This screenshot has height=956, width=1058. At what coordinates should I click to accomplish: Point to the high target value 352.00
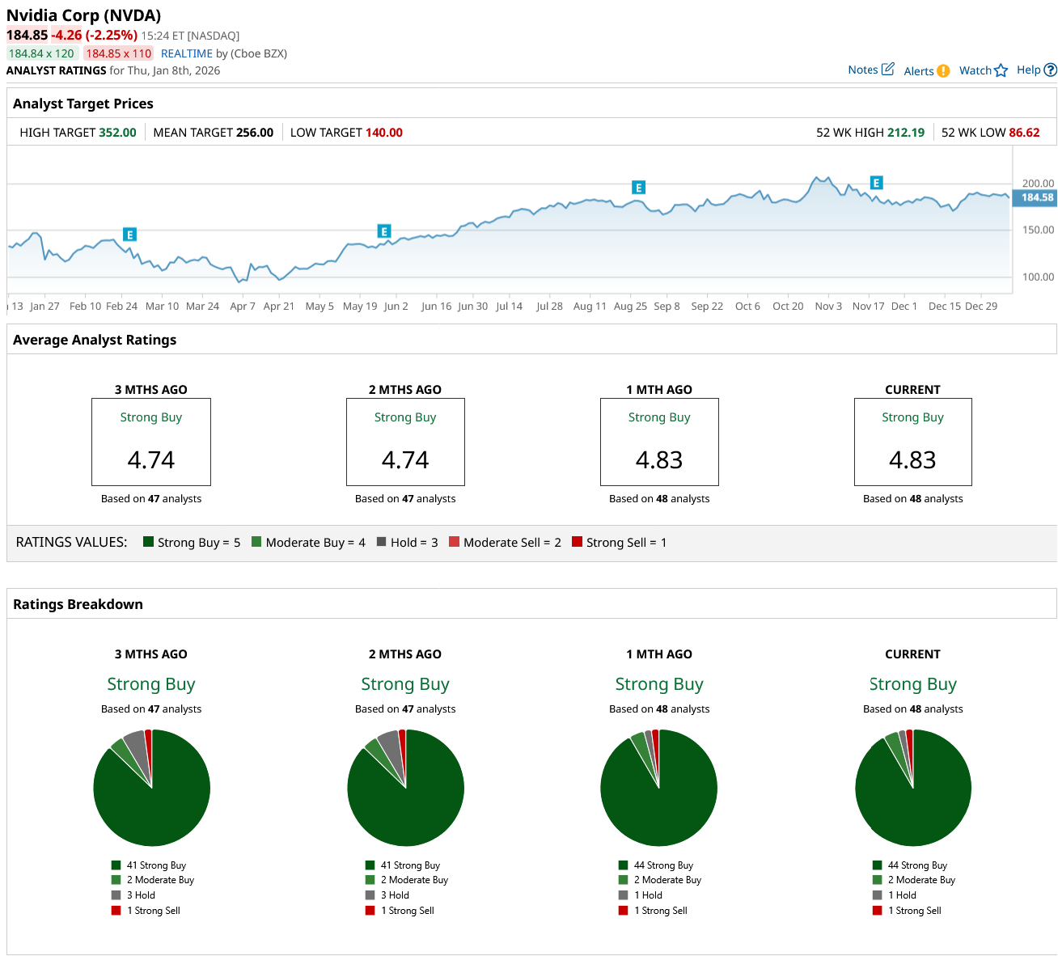117,133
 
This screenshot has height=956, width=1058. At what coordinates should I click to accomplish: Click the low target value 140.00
383,133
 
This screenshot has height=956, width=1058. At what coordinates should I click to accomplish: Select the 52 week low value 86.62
1024,133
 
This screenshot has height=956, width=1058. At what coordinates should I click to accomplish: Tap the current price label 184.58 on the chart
1036,197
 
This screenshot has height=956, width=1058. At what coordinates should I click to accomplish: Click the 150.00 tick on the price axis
1038,231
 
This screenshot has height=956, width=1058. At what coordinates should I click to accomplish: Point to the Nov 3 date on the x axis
828,307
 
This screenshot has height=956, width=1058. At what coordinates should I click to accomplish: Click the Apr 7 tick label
243,307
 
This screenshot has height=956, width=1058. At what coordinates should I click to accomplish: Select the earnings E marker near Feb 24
129,235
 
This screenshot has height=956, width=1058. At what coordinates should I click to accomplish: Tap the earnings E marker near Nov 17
876,183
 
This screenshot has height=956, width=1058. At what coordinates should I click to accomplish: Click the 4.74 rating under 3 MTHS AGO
151,460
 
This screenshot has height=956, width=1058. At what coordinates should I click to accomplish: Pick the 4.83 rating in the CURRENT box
912,460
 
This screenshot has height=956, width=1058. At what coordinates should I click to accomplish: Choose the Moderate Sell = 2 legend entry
505,543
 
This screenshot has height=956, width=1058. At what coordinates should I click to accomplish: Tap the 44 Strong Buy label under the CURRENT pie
916,865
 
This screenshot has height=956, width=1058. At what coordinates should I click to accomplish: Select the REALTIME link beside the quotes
187,53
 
